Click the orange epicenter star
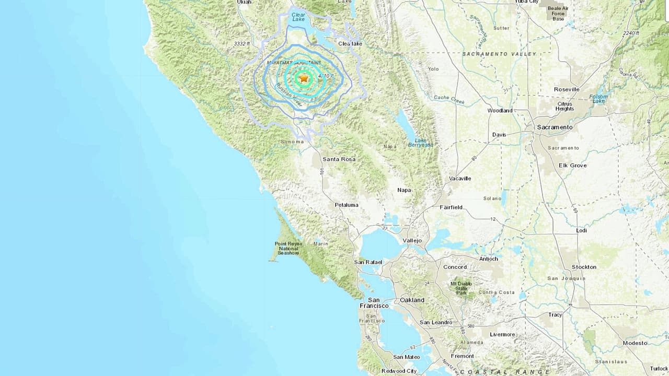[x=304, y=78]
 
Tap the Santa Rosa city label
[x=339, y=159]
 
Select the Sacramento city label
[x=555, y=127]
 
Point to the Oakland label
[x=412, y=300]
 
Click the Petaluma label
[x=347, y=205]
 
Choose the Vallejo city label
[x=412, y=240]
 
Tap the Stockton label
[x=584, y=267]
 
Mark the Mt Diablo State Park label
[x=461, y=288]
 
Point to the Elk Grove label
[x=572, y=166]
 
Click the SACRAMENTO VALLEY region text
[x=499, y=54]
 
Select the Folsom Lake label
[x=598, y=99]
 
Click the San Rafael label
[x=368, y=262]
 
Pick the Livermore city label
[x=502, y=334]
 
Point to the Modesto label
[x=635, y=343]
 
